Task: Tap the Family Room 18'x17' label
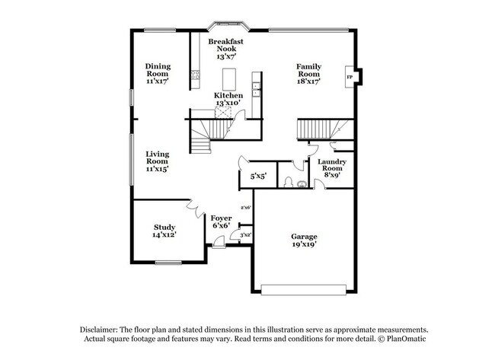tap(308, 73)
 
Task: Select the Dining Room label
tap(157, 73)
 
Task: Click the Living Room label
tap(157, 161)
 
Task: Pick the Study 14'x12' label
tap(165, 231)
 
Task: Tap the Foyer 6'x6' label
tap(222, 221)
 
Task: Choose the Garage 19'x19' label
tap(304, 241)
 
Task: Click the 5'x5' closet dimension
tap(257, 177)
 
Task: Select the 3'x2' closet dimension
tap(246, 235)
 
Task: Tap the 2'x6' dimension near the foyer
tap(245, 207)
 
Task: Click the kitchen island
tap(229, 78)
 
